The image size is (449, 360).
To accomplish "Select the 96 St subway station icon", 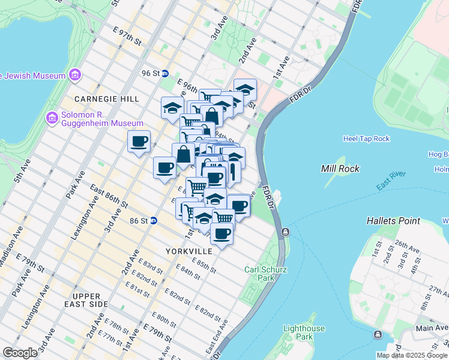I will pyautogui.click(x=164, y=73).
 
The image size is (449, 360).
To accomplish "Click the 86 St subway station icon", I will pyautogui.click(x=153, y=221).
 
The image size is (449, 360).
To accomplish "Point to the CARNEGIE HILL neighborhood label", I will pyautogui.click(x=107, y=99).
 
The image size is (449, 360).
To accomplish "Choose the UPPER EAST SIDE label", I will pyautogui.click(x=99, y=301).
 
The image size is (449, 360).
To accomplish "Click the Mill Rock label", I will pyautogui.click(x=340, y=169).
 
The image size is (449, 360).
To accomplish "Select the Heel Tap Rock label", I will pyautogui.click(x=366, y=139).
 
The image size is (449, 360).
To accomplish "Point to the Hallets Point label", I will pyautogui.click(x=393, y=221).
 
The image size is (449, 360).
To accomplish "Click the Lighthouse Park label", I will pyautogui.click(x=304, y=332).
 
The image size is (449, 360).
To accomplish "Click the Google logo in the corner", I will pyautogui.click(x=20, y=353).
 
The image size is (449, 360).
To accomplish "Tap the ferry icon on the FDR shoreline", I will pyautogui.click(x=285, y=232).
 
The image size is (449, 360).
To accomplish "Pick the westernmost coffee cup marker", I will pyautogui.click(x=139, y=142).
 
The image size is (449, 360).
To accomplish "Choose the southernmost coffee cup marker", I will pyautogui.click(x=222, y=233).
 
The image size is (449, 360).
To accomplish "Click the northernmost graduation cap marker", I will pyautogui.click(x=245, y=89).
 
